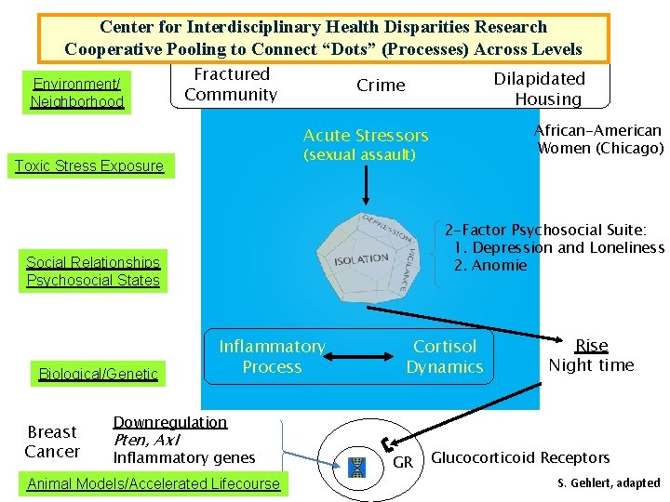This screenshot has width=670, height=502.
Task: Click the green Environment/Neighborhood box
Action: coord(77,92)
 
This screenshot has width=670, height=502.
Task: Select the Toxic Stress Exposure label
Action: coord(89,166)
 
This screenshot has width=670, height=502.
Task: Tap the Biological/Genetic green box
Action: coord(99,374)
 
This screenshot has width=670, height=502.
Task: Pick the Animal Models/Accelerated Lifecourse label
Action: coord(154,483)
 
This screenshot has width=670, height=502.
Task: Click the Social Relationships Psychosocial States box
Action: coord(93,271)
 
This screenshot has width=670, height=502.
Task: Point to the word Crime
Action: coord(382,86)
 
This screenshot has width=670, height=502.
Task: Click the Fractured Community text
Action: coord(231,85)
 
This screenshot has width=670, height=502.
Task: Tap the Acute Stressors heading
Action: coord(366,136)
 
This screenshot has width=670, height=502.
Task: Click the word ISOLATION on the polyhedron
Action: coord(362,258)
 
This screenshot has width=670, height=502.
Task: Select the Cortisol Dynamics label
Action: coord(445,356)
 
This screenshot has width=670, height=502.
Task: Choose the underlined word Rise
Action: coord(591,346)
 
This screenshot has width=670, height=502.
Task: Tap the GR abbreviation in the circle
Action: coord(402,462)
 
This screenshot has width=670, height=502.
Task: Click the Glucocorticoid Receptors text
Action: coord(520,457)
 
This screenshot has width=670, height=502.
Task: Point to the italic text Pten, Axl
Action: coord(146,440)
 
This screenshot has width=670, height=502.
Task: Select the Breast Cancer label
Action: coord(52,442)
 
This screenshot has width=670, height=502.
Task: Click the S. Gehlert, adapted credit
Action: coord(609,482)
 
